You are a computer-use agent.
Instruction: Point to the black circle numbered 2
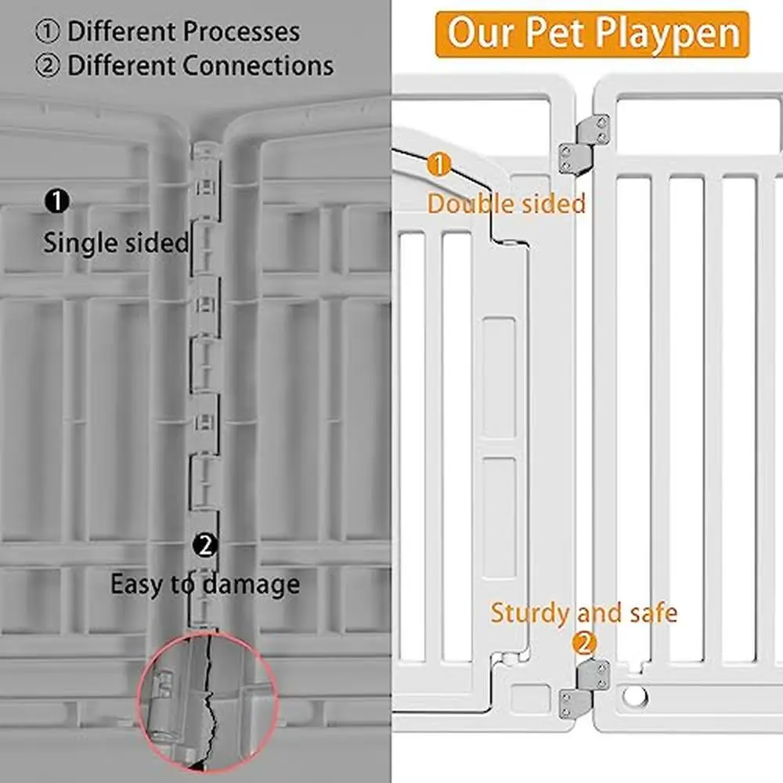tap(205, 545)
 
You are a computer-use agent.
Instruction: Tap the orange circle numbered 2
tap(584, 644)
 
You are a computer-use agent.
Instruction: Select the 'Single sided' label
tap(116, 243)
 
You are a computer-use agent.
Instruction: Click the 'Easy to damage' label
tap(204, 584)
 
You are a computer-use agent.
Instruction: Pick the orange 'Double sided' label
tap(506, 204)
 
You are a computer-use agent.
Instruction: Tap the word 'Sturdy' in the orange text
tap(530, 612)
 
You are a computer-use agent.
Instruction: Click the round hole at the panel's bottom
tap(635, 695)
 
